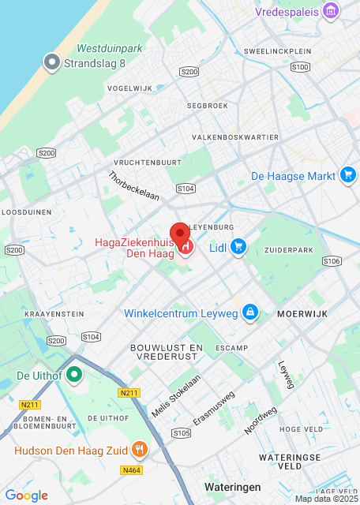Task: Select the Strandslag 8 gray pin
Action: (x=53, y=62)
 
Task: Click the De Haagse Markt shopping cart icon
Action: (x=348, y=175)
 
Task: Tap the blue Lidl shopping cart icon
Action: (x=238, y=248)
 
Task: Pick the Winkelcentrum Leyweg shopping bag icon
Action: (x=250, y=312)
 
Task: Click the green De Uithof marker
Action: (x=74, y=374)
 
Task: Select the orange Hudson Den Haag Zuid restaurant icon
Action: (x=140, y=450)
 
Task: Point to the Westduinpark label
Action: (x=110, y=48)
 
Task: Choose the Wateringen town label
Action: (x=232, y=487)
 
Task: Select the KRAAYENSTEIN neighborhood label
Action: (x=54, y=313)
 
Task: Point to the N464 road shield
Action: (x=133, y=469)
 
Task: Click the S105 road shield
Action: (x=181, y=432)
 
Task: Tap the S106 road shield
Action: (x=332, y=261)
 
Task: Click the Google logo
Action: (x=26, y=496)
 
